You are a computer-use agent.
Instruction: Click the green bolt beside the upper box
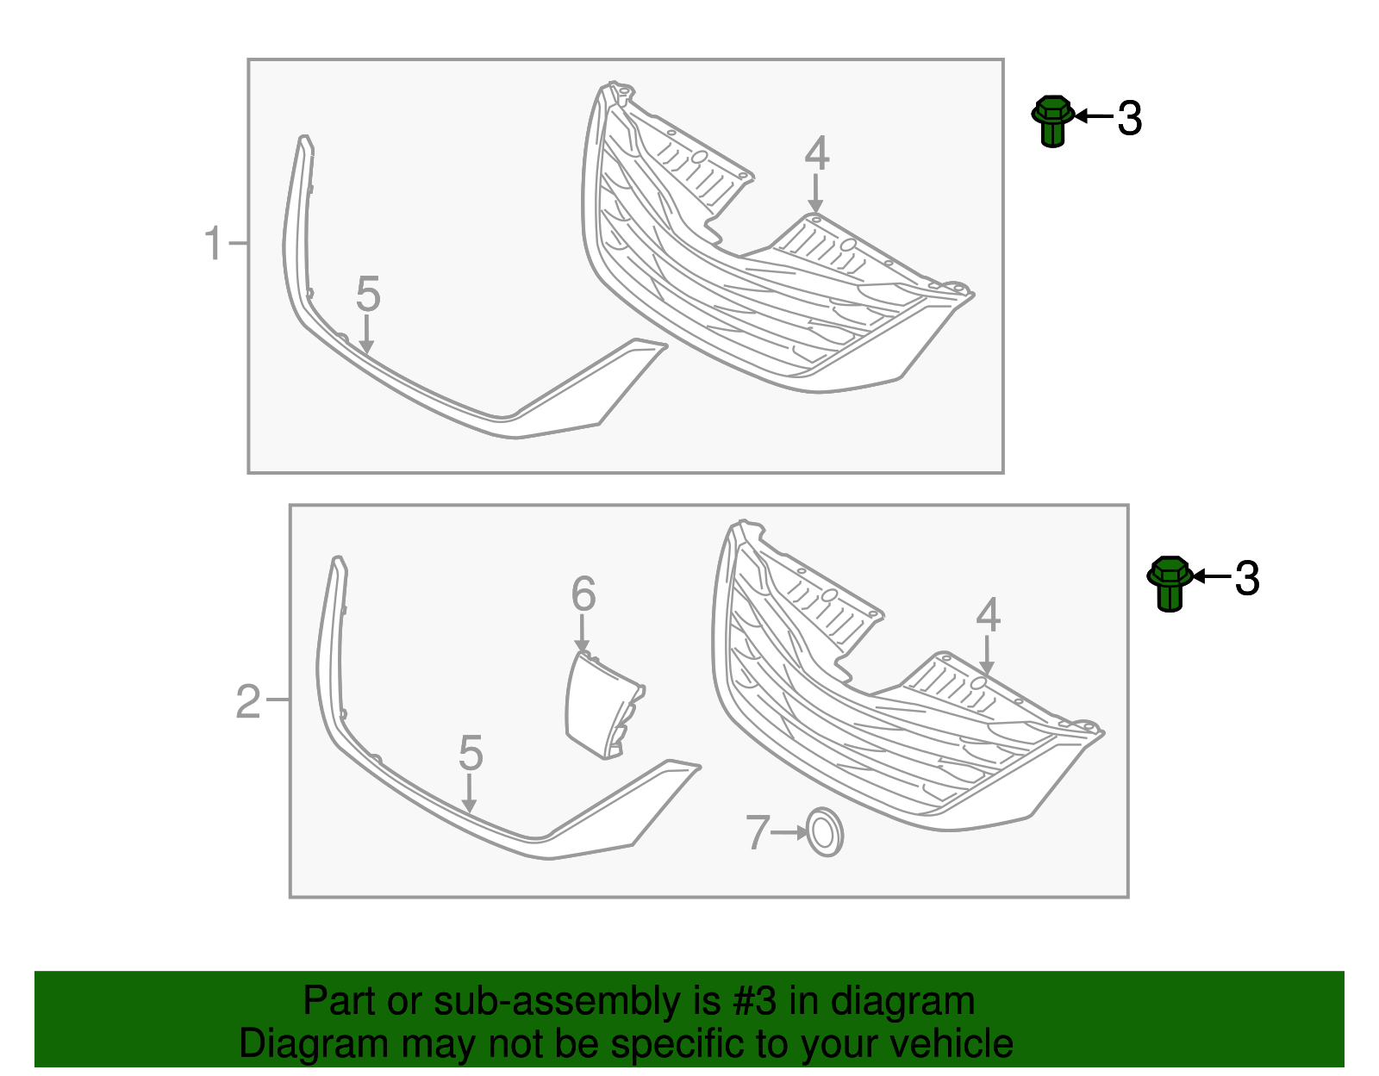[x=1053, y=121]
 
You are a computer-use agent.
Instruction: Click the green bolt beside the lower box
[x=1170, y=584]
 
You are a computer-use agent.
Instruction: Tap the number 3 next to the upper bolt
[x=1130, y=119]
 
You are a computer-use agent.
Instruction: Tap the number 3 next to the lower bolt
[x=1247, y=578]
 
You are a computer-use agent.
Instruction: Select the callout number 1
[x=214, y=244]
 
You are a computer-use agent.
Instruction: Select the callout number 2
[x=248, y=702]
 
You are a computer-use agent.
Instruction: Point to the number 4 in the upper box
[x=817, y=154]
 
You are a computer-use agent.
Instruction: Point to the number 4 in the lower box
[x=988, y=615]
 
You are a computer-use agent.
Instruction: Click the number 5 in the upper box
[x=368, y=294]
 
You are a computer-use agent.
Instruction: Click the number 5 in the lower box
[x=471, y=753]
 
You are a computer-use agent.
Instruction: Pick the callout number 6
[x=583, y=594]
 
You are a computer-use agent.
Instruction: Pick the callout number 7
[x=758, y=832]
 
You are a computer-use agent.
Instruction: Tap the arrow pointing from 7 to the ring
[x=789, y=832]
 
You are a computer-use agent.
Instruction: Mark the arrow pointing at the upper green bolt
[x=1094, y=116]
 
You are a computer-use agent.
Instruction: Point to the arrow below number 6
[x=581, y=633]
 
